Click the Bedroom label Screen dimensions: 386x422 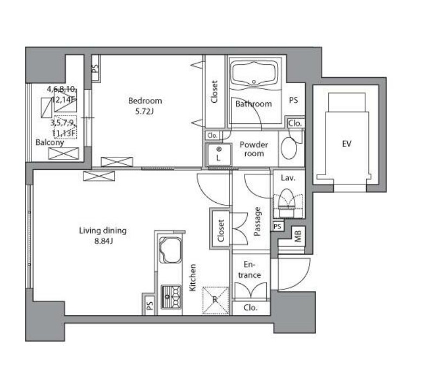click(x=144, y=101)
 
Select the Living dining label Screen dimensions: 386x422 click(x=103, y=230)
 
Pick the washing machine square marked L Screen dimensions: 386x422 click(x=219, y=154)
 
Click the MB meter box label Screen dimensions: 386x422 click(x=298, y=236)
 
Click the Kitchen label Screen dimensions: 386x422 click(x=193, y=277)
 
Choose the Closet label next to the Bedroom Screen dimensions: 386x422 click(x=214, y=92)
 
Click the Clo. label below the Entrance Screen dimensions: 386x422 click(x=249, y=308)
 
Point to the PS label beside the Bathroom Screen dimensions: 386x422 click(x=293, y=101)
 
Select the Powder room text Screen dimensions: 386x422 click(x=254, y=149)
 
